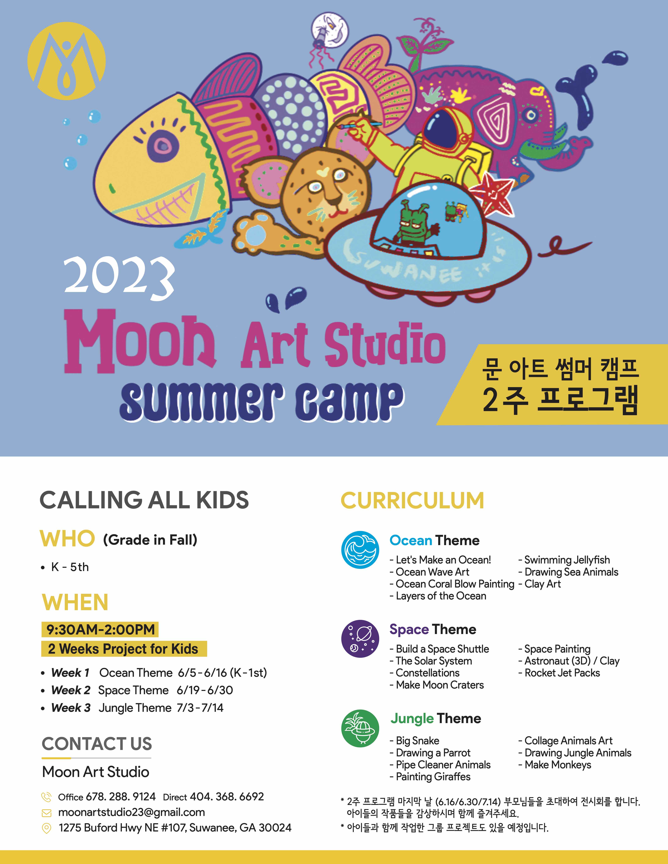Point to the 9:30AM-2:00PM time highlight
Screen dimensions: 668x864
tap(100, 629)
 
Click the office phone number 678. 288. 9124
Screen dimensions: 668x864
tap(121, 797)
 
